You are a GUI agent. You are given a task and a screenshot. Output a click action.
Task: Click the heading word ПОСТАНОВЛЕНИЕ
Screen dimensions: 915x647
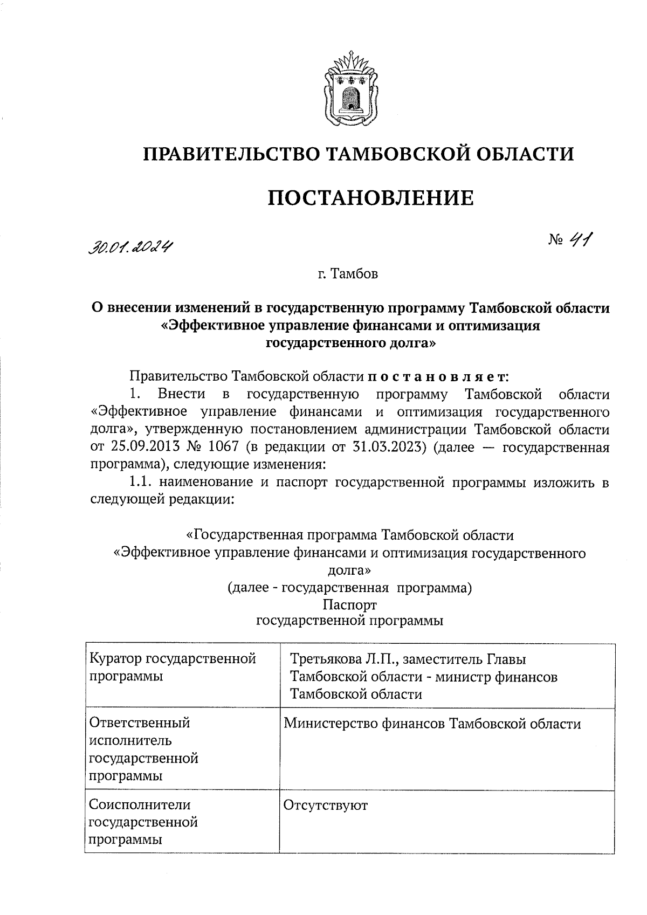click(x=371, y=197)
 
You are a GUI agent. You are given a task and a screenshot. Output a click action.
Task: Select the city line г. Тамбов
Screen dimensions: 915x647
click(x=348, y=274)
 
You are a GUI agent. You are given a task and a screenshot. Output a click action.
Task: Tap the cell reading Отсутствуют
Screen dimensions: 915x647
click(x=326, y=805)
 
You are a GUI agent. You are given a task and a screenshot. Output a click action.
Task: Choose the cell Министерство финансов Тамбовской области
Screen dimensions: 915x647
click(x=432, y=724)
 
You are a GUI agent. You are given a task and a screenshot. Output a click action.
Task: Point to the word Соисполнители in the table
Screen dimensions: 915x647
click(x=140, y=805)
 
